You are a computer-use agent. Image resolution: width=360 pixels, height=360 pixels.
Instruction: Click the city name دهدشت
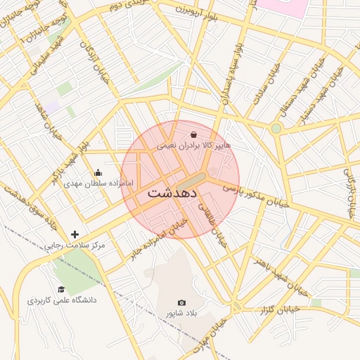tap(172, 193)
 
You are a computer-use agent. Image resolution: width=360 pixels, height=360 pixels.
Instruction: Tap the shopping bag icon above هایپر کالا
tap(193, 134)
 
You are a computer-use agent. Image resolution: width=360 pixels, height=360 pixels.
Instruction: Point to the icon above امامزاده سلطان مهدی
tap(98, 172)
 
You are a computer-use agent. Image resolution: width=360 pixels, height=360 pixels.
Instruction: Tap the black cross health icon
tap(75, 234)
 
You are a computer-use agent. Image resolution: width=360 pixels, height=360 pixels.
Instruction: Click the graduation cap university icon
tap(61, 289)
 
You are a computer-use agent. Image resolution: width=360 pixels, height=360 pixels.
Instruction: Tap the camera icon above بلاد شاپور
tap(182, 302)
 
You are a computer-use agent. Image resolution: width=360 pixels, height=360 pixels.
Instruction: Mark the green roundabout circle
tap(276, 128)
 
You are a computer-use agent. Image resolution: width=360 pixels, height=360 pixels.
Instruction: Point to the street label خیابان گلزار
tap(280, 309)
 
